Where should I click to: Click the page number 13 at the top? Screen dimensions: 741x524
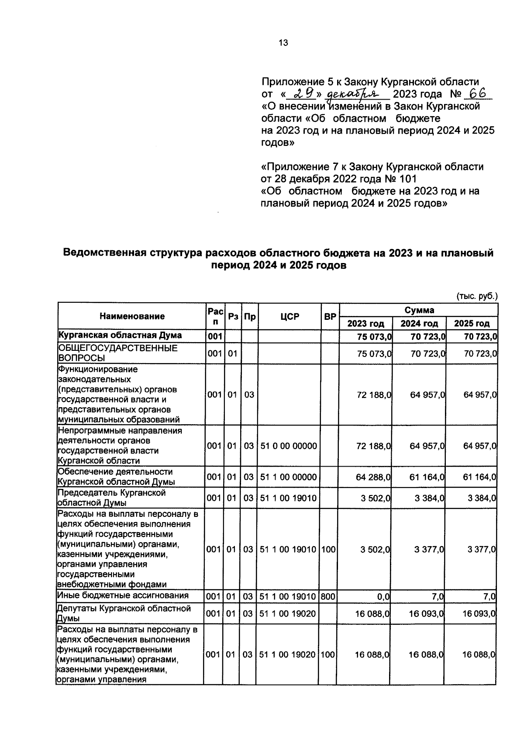[283, 42]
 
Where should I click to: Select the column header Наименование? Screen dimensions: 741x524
[132, 316]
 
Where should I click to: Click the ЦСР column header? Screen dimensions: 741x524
[290, 316]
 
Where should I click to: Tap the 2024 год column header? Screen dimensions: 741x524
[419, 323]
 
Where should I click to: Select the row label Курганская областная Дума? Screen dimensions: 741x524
[120, 336]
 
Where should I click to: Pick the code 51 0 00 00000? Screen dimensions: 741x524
[289, 446]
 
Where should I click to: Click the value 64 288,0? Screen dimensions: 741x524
[374, 477]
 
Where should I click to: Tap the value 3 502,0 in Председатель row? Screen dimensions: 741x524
[376, 498]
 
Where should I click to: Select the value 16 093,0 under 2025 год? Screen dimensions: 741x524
[479, 613]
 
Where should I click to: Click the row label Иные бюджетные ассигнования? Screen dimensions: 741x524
[123, 595]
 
